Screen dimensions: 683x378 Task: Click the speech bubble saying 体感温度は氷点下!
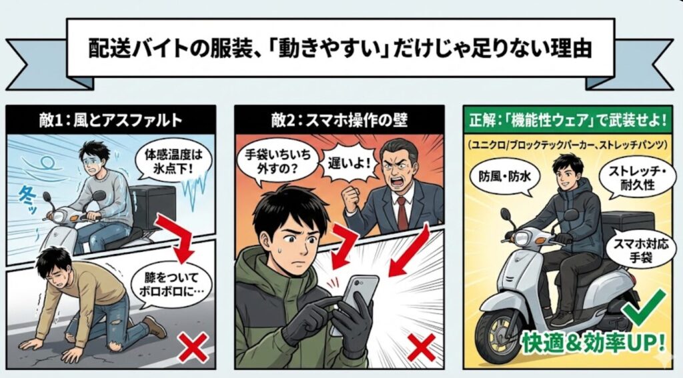click(x=173, y=162)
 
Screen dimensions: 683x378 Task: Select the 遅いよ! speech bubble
click(x=348, y=164)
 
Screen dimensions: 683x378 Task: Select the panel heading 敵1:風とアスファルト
click(x=111, y=120)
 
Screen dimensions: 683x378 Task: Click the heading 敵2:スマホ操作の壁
click(x=339, y=120)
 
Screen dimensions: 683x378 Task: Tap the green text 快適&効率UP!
click(x=594, y=343)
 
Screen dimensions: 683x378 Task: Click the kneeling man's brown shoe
click(x=155, y=327)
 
